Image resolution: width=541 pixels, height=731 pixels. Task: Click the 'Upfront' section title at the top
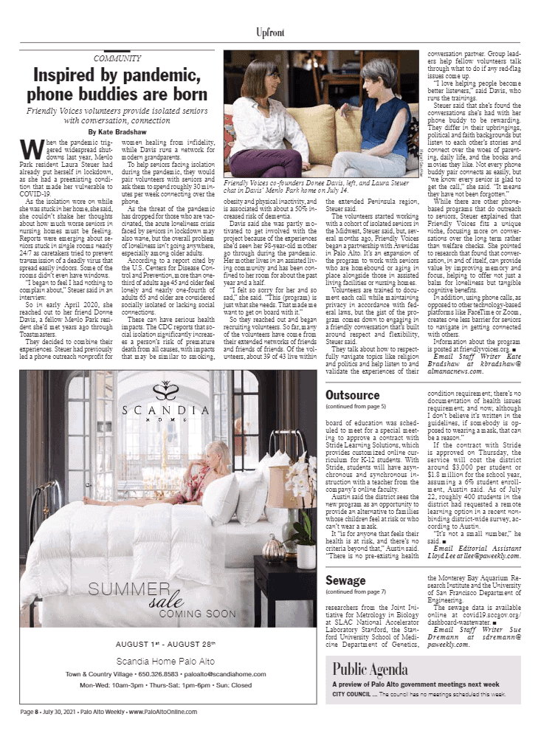270,33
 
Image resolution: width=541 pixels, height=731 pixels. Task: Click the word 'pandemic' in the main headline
174,75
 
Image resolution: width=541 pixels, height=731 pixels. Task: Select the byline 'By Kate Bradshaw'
117,131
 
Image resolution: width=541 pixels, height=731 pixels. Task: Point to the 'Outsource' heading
353,395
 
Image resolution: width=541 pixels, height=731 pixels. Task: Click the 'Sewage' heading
346,580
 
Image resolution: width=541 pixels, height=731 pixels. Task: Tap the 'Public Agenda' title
370,669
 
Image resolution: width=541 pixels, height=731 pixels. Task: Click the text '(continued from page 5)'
356,407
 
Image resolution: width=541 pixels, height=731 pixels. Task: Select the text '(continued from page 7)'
356,592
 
